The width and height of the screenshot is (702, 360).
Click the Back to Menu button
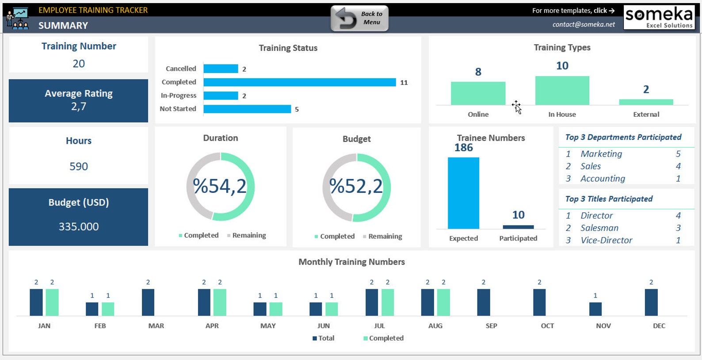click(x=359, y=19)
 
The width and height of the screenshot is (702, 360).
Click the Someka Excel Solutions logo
click(x=659, y=17)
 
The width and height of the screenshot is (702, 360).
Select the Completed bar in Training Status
click(x=299, y=82)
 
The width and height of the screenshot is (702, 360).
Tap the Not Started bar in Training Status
click(x=247, y=109)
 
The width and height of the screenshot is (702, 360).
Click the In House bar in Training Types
click(x=562, y=91)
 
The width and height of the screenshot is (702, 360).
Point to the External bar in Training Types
click(x=646, y=102)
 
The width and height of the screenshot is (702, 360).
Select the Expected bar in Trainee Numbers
click(x=463, y=193)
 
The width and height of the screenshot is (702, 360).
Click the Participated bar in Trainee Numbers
click(x=518, y=227)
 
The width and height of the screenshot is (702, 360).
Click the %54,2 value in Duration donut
click(x=220, y=186)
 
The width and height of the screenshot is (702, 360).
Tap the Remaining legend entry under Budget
click(x=385, y=237)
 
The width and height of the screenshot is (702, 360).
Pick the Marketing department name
click(x=601, y=154)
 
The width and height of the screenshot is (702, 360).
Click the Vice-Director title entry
click(x=606, y=240)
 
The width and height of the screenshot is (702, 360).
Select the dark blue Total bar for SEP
click(x=483, y=303)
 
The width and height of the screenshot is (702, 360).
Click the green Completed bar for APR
click(x=220, y=303)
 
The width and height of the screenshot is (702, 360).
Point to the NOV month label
click(x=603, y=326)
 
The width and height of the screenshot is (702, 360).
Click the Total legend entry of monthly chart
click(x=326, y=338)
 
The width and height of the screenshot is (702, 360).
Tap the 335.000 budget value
click(x=79, y=226)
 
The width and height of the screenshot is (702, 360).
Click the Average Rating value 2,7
click(x=79, y=107)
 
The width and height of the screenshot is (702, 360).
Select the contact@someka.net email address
click(x=584, y=25)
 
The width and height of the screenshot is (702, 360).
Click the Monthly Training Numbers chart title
click(x=351, y=262)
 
